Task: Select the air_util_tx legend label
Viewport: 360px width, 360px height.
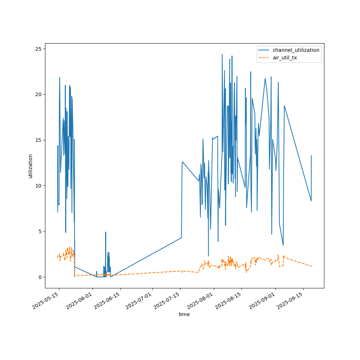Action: [285, 58]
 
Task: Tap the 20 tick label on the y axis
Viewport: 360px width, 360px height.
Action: [38, 94]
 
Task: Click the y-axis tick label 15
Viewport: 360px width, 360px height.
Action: [38, 140]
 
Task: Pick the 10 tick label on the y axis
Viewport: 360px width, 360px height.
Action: [38, 186]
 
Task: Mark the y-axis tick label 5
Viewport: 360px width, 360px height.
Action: [39, 231]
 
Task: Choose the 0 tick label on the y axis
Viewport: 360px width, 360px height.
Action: [39, 277]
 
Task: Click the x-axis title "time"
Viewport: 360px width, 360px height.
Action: [184, 314]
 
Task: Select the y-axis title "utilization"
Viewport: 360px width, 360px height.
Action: [31, 166]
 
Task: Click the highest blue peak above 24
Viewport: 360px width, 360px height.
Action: [222, 55]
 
